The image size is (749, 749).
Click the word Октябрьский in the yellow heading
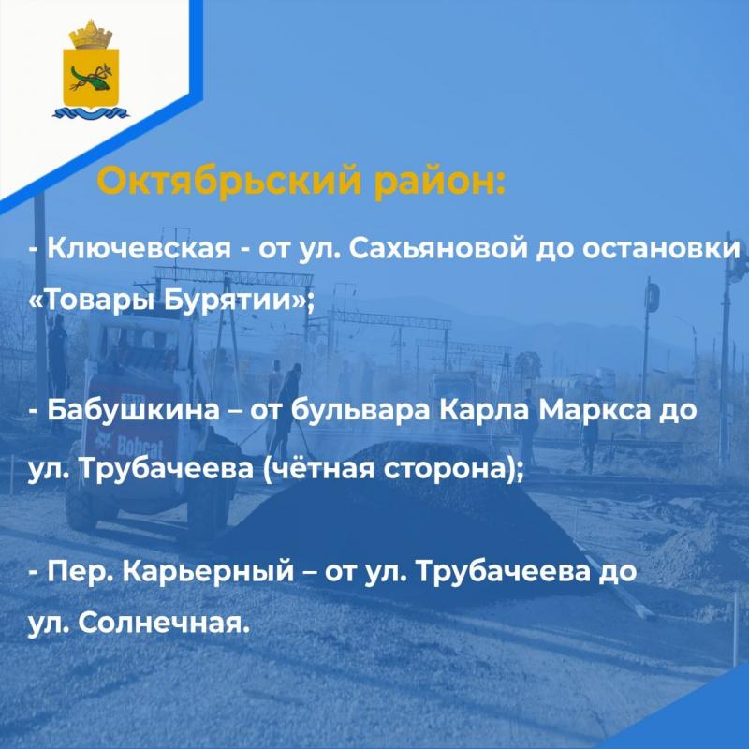tap(228, 180)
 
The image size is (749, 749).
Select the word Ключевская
tap(139, 248)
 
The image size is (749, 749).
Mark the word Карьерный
tap(208, 571)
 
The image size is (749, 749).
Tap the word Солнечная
tap(164, 623)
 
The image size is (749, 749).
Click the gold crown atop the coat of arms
tap(91, 35)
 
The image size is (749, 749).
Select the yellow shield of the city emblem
tap(91, 78)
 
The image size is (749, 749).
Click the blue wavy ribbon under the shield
tap(91, 113)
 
